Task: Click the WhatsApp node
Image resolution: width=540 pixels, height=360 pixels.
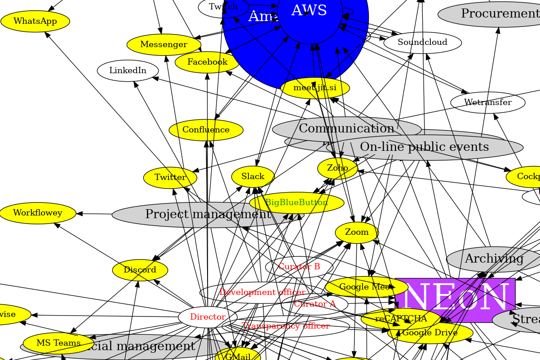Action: (x=35, y=21)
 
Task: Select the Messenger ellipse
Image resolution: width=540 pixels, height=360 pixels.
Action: (x=164, y=44)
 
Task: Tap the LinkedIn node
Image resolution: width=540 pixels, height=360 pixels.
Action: (x=128, y=70)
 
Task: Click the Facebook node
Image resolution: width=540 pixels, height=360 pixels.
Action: (x=207, y=62)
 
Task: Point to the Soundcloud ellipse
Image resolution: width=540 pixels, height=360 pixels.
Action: (x=422, y=42)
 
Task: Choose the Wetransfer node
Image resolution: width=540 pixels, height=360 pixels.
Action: (x=487, y=102)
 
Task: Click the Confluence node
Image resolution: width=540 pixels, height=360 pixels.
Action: (x=206, y=130)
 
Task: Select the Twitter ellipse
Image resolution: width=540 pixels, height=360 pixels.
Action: (x=170, y=177)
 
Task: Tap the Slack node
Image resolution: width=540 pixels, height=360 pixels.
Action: (x=252, y=176)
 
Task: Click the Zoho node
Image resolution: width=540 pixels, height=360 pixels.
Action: (x=337, y=168)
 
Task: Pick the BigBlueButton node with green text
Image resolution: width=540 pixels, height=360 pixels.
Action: (x=297, y=202)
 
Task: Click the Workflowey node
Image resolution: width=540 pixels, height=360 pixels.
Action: (x=37, y=213)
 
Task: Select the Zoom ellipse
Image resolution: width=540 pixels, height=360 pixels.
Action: (x=357, y=232)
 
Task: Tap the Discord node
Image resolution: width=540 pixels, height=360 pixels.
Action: (x=140, y=270)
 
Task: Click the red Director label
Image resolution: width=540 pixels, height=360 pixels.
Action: (x=208, y=317)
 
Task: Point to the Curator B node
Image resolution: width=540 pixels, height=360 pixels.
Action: (x=299, y=267)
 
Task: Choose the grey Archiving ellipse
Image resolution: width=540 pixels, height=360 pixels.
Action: (x=494, y=259)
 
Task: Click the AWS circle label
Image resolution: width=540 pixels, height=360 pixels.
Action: (x=310, y=11)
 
